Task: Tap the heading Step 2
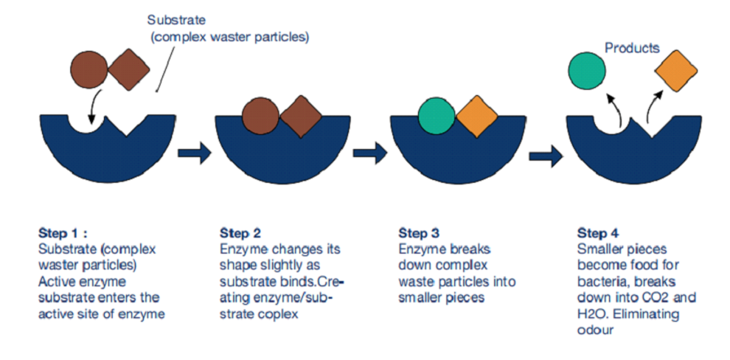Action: pos(240,233)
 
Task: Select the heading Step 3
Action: pos(419,233)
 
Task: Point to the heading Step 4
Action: pos(597,233)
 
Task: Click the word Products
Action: pos(632,48)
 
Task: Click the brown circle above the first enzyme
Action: pos(88,72)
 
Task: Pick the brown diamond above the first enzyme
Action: pos(129,72)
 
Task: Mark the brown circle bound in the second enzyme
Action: pos(262,117)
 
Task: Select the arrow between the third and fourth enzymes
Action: pos(546,155)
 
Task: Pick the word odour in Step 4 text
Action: pos(597,330)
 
